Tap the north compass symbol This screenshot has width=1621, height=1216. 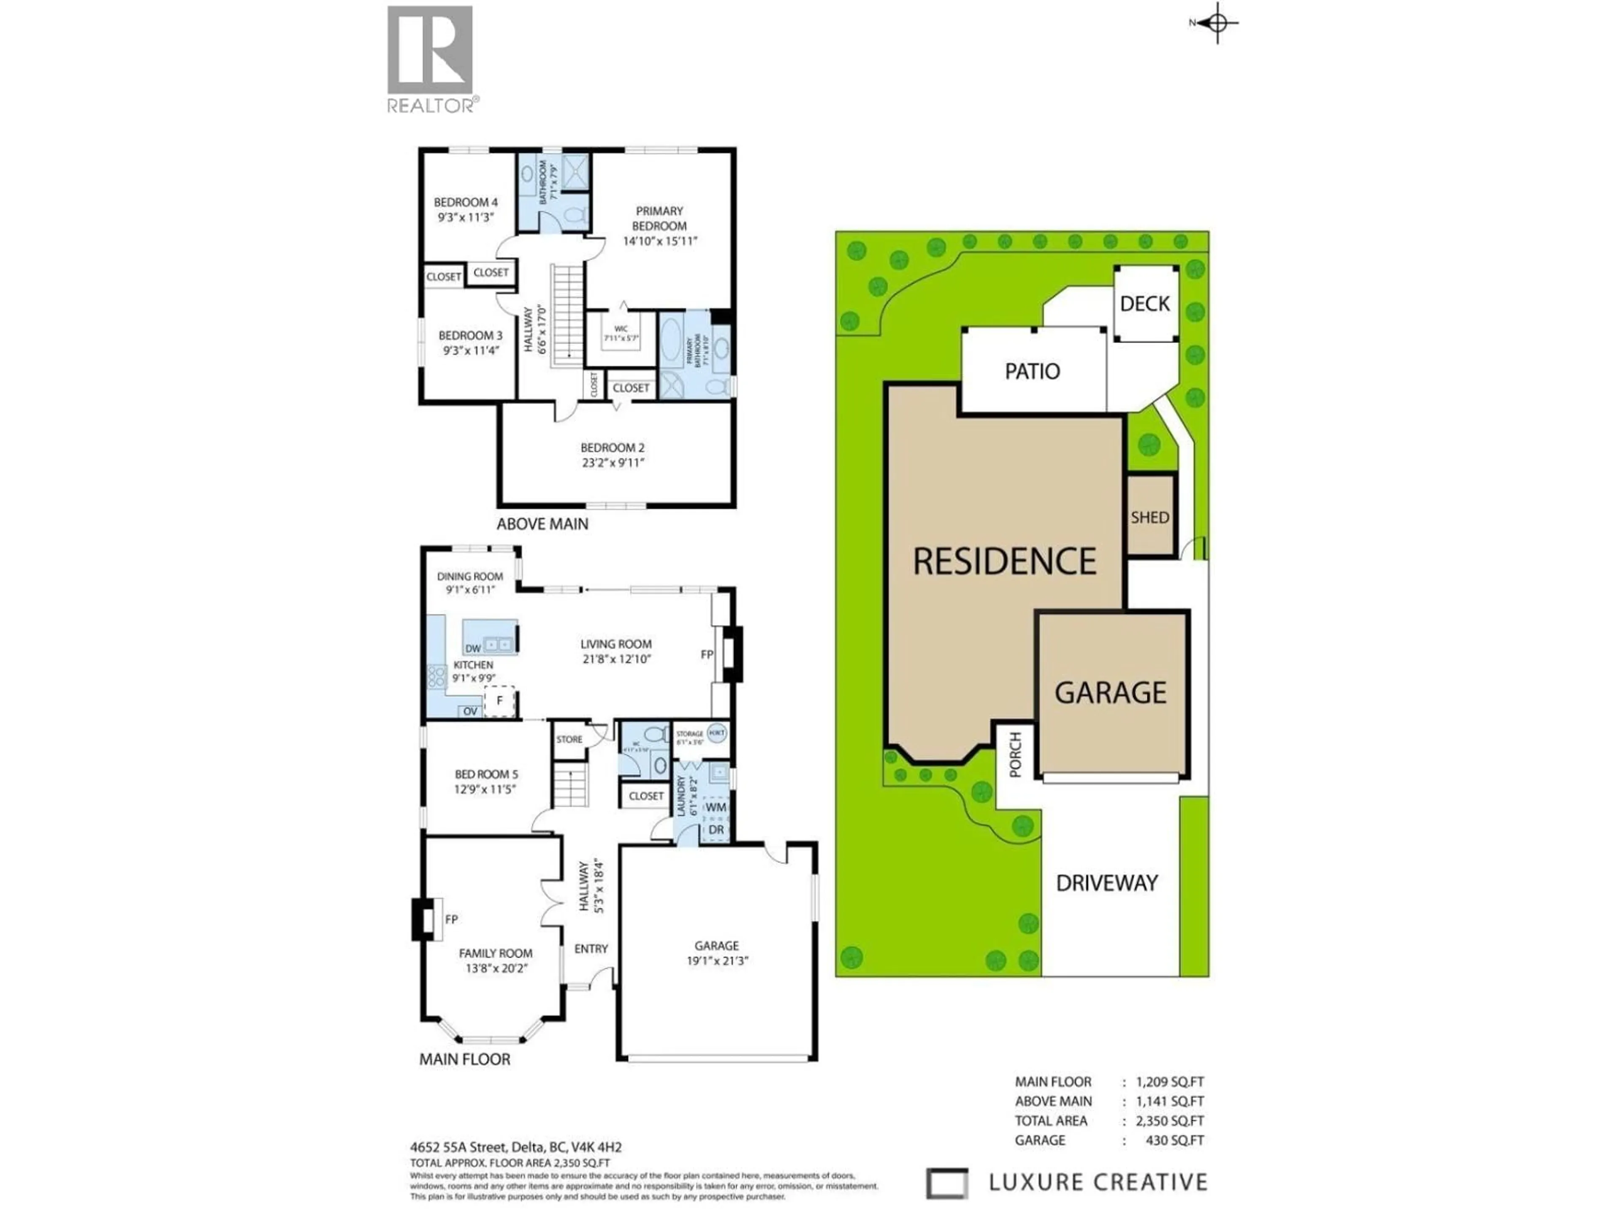[1217, 23]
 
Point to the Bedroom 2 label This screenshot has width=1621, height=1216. [612, 447]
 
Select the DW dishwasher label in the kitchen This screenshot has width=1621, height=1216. [473, 648]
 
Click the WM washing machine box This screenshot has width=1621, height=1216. [715, 807]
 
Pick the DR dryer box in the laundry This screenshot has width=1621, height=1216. [715, 830]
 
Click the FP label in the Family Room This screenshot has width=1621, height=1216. [451, 919]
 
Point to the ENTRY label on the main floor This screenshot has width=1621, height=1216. [591, 948]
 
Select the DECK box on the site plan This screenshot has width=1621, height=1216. [1145, 304]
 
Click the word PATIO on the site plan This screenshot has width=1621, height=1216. [1032, 372]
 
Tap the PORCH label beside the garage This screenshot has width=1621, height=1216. [1015, 755]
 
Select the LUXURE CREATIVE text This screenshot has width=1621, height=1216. [1097, 1182]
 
